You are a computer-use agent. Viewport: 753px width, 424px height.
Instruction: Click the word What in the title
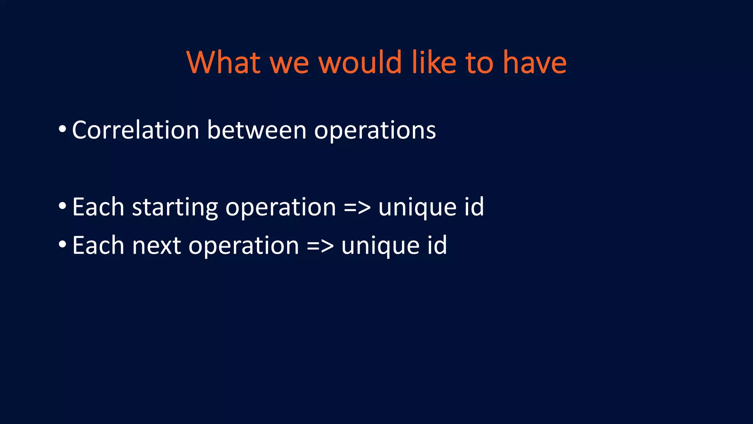[224, 63]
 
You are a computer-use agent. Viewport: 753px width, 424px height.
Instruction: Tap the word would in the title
[360, 63]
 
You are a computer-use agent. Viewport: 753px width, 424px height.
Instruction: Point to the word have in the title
[535, 63]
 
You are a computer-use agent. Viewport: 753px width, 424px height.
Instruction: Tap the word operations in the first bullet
[375, 131]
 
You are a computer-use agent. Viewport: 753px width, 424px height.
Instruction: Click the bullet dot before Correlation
[63, 130]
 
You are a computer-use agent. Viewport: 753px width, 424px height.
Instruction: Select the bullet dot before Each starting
[63, 206]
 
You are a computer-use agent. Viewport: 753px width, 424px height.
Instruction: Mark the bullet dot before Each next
[63, 245]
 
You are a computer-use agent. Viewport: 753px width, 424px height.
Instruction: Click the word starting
[175, 207]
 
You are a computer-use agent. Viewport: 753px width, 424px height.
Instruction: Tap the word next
[157, 245]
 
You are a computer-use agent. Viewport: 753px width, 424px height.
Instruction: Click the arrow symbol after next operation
[320, 245]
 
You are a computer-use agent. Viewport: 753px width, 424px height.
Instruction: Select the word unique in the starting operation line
[417, 207]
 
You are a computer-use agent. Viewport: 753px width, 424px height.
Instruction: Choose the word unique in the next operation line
[380, 245]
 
